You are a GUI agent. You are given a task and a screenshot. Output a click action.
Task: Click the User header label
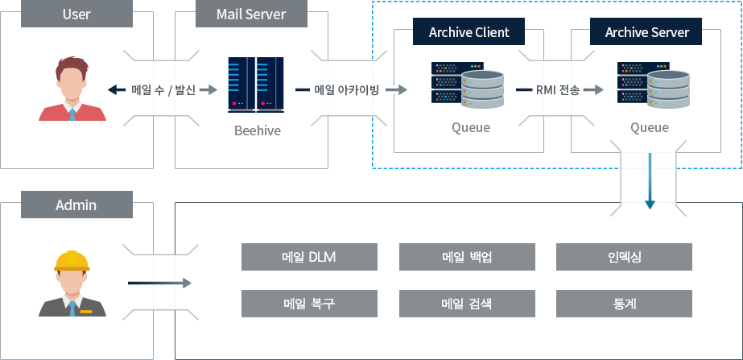tap(76, 14)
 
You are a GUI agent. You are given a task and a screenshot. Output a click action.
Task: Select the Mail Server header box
tap(251, 14)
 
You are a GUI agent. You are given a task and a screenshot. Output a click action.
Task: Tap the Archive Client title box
tap(469, 32)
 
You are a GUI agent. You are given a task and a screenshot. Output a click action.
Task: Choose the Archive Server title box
tap(646, 32)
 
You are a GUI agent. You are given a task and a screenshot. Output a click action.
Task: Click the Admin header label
tap(76, 205)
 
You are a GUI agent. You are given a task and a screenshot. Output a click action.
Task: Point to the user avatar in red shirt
tap(72, 90)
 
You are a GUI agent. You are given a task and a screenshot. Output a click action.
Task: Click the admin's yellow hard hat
tap(72, 260)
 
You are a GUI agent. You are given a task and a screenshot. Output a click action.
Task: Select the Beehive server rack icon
tap(251, 84)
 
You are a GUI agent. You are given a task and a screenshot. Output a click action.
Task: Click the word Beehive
tap(258, 130)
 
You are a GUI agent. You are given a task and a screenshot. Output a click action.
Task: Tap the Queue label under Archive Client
tap(471, 127)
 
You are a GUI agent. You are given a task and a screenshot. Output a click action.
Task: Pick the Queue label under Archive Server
tap(650, 127)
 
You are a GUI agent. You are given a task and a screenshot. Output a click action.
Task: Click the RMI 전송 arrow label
tap(558, 90)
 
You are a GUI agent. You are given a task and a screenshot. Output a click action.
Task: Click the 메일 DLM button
tap(309, 257)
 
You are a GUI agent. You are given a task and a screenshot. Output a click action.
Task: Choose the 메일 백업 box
tap(467, 257)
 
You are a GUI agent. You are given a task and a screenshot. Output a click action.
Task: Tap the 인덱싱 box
tap(625, 257)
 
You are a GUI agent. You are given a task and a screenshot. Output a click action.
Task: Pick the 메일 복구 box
tap(309, 304)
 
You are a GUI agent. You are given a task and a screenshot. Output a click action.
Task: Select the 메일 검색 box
tap(467, 304)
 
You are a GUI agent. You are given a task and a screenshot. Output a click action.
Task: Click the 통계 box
tap(625, 304)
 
